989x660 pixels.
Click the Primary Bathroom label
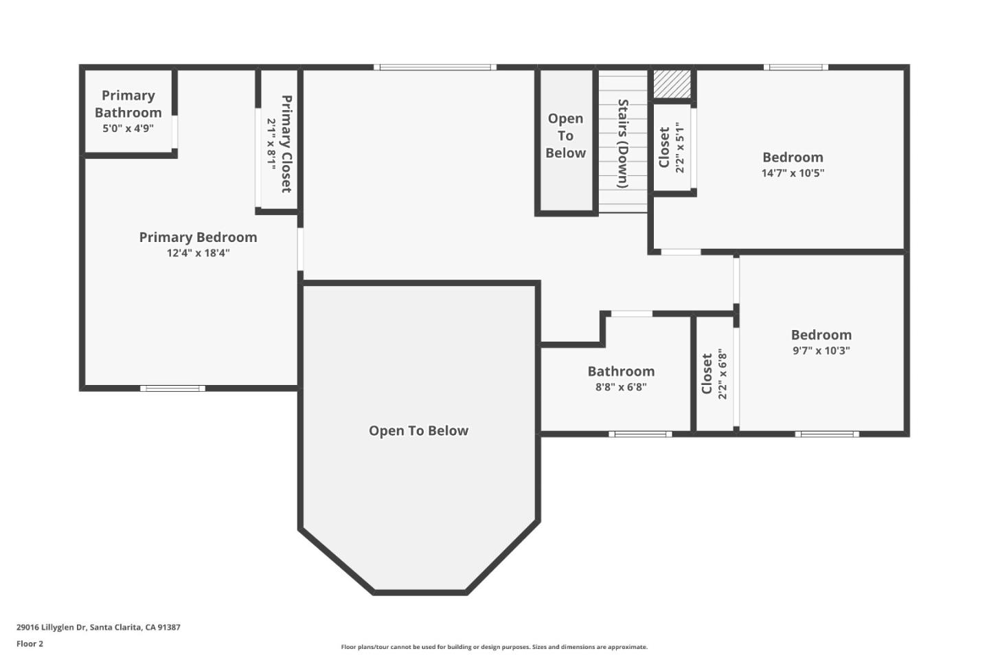pos(128,104)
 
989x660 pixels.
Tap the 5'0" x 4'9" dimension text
pos(128,129)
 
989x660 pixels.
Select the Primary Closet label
pos(286,144)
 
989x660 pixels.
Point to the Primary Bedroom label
pos(198,237)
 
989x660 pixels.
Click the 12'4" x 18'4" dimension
pos(198,253)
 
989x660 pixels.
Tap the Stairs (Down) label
pos(623,144)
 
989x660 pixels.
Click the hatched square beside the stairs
pos(671,84)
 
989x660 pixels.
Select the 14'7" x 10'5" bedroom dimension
pos(793,173)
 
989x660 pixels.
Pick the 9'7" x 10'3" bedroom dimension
pos(821,351)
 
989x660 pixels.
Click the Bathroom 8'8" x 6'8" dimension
pos(621,387)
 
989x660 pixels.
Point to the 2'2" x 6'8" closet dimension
pos(723,374)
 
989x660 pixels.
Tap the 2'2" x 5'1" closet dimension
pos(680,147)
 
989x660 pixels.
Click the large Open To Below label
pos(418,431)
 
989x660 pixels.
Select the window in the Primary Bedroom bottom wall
pos(172,388)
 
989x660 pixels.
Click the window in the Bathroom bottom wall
pos(640,434)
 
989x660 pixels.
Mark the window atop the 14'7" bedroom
pos(795,67)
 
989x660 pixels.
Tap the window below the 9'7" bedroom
pos(827,434)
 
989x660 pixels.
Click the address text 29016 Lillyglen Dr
pos(98,627)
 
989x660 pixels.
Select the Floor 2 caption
pos(30,644)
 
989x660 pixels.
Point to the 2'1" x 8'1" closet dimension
pos(271,144)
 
